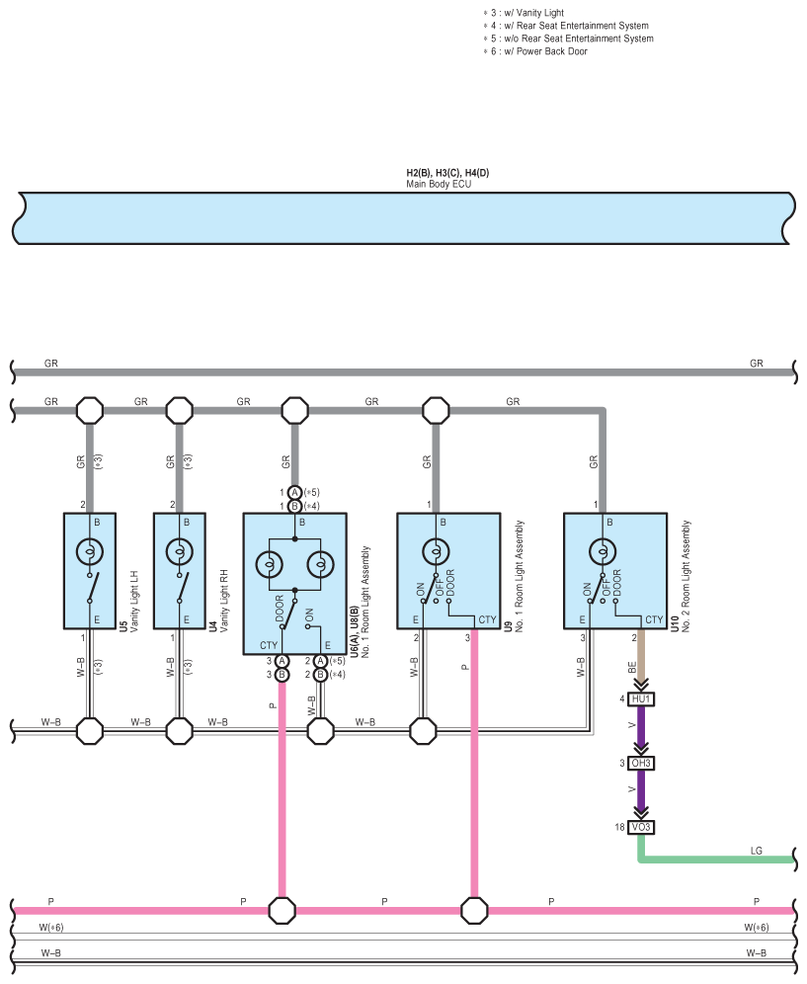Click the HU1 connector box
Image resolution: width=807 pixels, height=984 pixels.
pos(641,699)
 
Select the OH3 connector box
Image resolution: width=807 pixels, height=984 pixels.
pos(641,763)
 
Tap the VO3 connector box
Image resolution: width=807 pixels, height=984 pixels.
pos(641,827)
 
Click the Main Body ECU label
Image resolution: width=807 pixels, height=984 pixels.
pos(439,184)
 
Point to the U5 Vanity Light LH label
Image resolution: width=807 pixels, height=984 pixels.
pos(128,601)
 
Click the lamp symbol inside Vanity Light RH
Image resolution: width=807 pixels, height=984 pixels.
pos(180,552)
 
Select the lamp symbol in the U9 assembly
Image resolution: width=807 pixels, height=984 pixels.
pos(436,552)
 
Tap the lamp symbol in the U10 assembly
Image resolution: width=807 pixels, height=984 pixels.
pos(603,552)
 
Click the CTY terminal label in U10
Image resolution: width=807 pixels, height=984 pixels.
pos(654,620)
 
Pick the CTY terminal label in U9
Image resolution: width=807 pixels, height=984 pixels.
pos(487,620)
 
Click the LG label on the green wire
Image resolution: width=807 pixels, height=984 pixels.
pos(757,851)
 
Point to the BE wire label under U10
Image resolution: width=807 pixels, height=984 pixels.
pos(632,667)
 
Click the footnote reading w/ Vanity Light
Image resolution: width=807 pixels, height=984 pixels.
pos(524,13)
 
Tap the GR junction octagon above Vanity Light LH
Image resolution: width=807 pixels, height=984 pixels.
pos(90,410)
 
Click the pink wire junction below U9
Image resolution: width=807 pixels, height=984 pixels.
pos(474,911)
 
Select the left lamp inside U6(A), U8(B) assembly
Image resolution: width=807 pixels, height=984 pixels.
pos(270,565)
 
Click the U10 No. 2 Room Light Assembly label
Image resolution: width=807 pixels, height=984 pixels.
pos(681,576)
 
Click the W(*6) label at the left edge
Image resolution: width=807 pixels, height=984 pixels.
pos(50,928)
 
